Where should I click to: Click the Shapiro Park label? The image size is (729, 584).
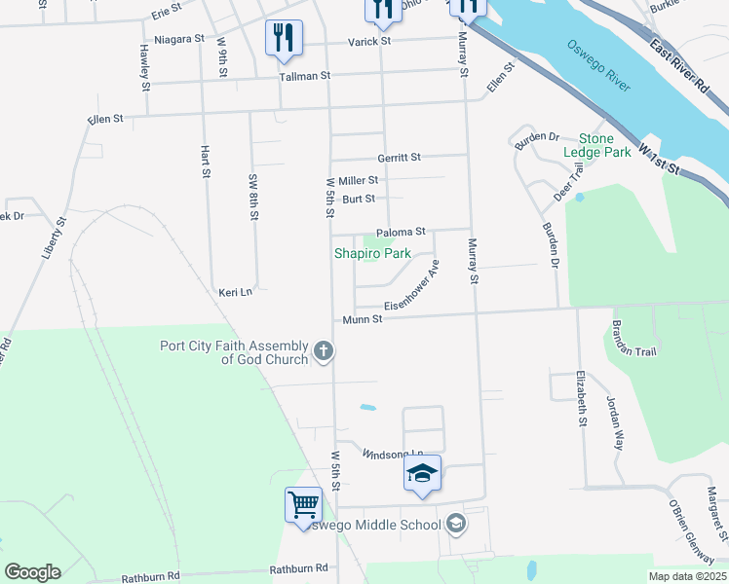372,253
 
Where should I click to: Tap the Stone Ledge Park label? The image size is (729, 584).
597,146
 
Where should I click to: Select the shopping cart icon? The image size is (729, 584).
303,505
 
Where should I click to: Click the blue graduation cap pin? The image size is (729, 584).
422,474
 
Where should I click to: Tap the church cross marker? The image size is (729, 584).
324,351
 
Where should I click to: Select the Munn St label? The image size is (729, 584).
361,320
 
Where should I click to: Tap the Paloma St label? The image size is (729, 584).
401,232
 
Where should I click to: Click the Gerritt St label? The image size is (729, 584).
399,157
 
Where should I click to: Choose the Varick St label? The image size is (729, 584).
370,42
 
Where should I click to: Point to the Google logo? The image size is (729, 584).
32,572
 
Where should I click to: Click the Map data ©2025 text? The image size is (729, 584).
686,576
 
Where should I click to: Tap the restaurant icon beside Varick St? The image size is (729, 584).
284,38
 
